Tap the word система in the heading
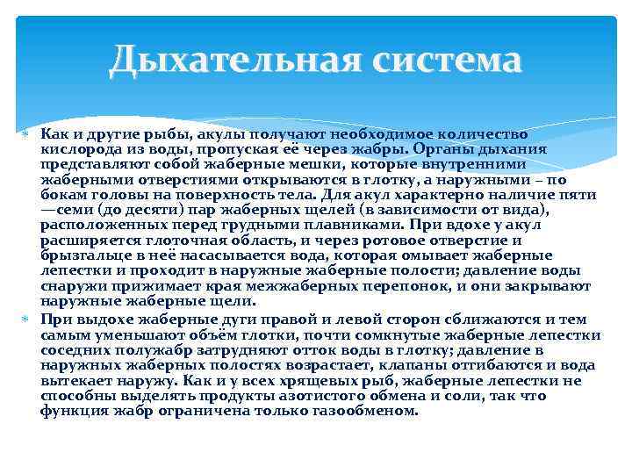click(448, 61)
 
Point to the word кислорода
click(75, 149)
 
